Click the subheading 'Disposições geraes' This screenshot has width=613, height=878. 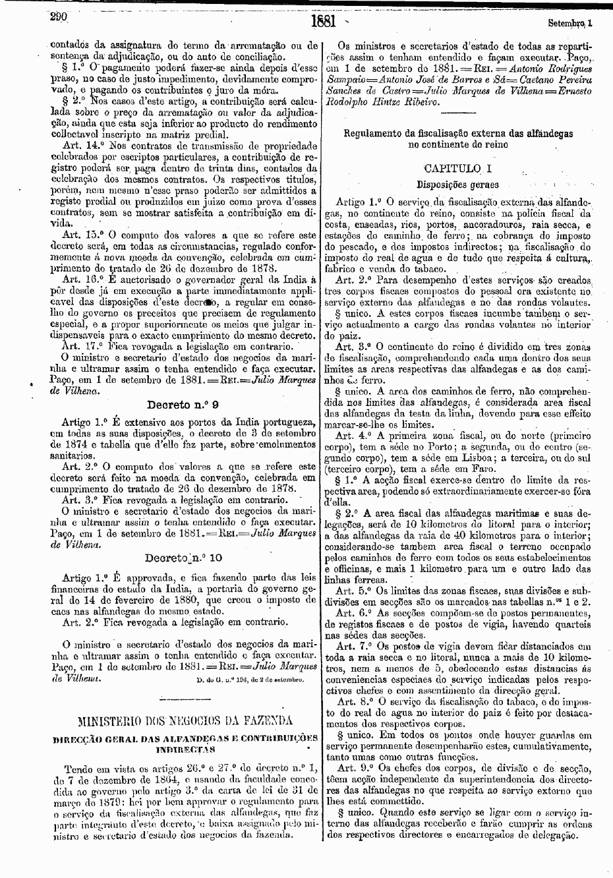click(x=457, y=185)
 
